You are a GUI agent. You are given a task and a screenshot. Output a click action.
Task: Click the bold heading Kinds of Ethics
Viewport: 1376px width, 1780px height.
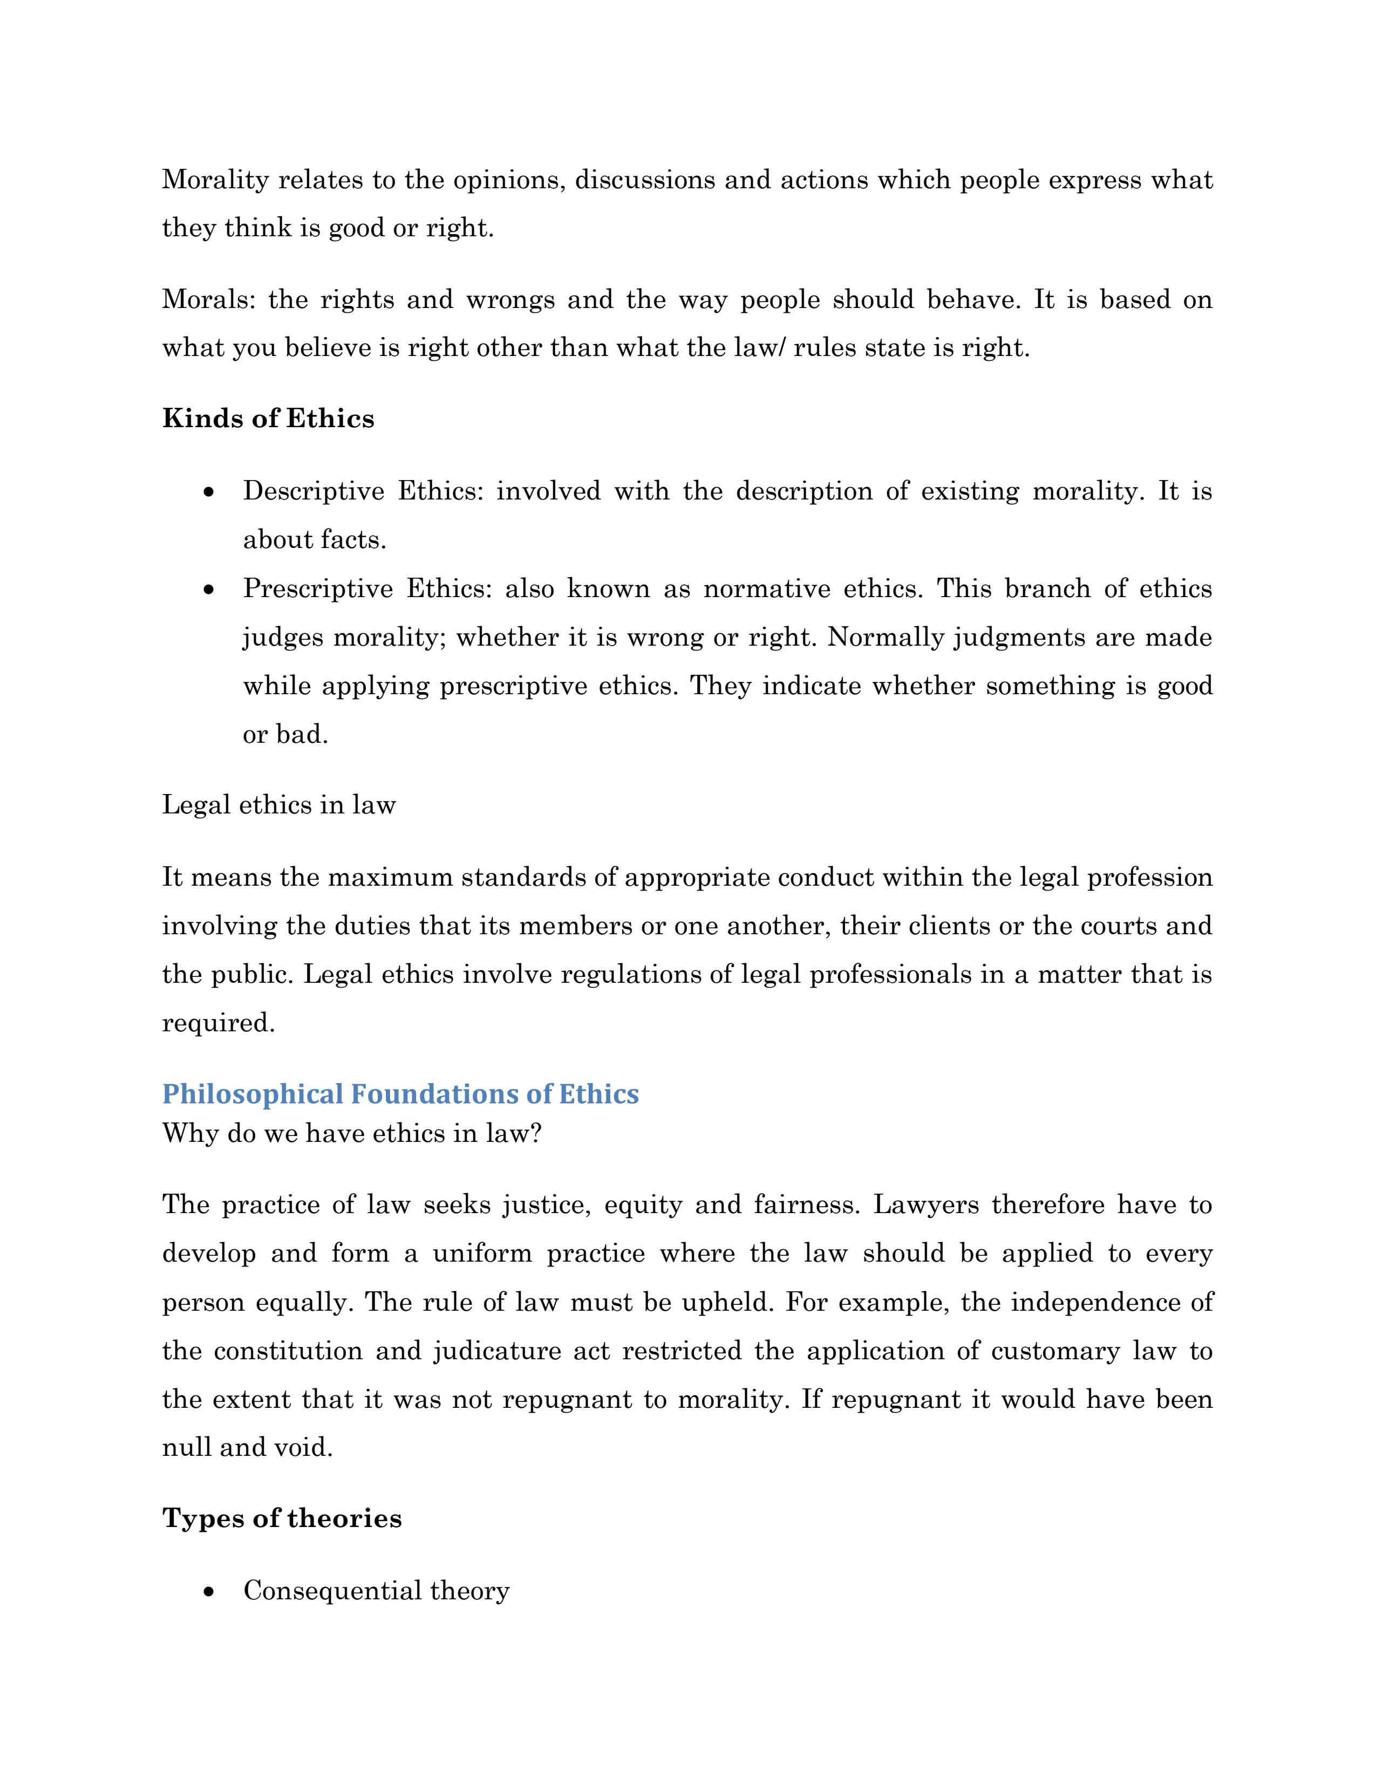point(268,419)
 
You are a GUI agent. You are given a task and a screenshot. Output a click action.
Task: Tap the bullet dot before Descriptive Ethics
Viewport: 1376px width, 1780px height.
point(209,492)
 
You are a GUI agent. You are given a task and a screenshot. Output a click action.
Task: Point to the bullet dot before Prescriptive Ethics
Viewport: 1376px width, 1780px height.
point(209,589)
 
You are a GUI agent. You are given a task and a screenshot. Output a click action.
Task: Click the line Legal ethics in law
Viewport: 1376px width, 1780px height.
point(279,805)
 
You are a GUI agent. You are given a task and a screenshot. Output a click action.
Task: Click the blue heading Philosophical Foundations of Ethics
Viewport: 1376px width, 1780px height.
point(400,1094)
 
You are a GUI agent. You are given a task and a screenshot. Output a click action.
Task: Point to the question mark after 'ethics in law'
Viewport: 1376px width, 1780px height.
point(536,1134)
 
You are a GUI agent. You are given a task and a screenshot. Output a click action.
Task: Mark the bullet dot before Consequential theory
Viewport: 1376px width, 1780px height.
point(209,1592)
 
